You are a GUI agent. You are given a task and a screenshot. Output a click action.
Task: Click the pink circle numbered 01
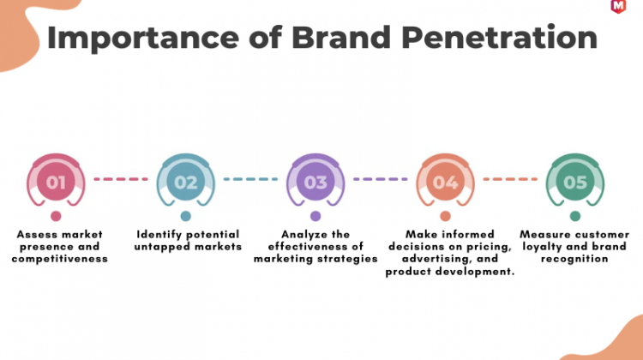point(56,182)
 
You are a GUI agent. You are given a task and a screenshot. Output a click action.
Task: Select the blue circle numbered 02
point(186,182)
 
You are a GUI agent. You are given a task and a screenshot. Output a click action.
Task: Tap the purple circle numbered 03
point(315,182)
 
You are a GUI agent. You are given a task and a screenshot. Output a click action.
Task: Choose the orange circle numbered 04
point(445,182)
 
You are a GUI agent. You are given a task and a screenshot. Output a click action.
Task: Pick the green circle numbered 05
point(575,182)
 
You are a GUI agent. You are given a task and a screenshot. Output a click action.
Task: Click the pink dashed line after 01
point(121,179)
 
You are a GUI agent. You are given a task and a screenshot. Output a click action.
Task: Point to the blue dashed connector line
point(250,179)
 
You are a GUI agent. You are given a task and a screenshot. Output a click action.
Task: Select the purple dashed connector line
point(381,179)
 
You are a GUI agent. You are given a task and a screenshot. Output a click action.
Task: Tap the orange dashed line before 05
point(510,179)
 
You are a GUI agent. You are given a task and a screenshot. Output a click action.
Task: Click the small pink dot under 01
point(56,216)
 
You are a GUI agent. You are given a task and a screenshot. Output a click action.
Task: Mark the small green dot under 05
point(575,216)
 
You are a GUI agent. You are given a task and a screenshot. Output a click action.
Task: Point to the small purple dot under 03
point(315,216)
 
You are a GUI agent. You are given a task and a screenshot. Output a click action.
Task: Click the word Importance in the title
point(143,39)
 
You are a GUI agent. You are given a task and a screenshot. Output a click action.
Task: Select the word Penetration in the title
point(499,38)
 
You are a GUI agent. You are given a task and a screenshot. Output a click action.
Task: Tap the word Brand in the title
point(341,38)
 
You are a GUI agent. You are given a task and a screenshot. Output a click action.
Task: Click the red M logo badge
point(618,7)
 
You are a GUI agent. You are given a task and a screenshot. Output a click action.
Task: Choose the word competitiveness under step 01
point(60,259)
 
